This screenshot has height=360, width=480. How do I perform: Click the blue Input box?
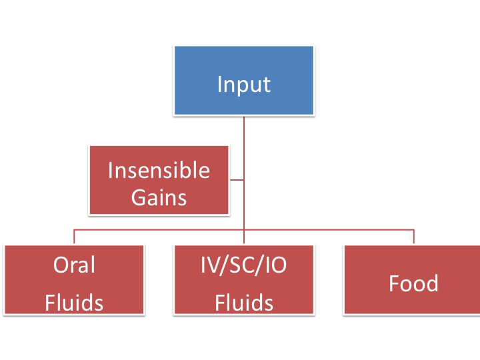(x=244, y=81)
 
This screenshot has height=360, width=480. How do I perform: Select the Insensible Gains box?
(x=159, y=181)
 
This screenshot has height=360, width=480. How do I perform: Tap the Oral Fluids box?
(x=74, y=280)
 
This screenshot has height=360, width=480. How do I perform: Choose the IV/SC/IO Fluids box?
(x=244, y=280)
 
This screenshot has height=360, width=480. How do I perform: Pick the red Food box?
(x=413, y=280)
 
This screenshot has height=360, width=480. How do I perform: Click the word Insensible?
(x=159, y=171)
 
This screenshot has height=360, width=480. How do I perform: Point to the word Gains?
(x=159, y=197)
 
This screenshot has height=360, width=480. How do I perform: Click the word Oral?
(x=74, y=265)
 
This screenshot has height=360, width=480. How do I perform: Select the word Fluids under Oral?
(x=74, y=303)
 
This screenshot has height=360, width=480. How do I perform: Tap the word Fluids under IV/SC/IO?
(x=244, y=303)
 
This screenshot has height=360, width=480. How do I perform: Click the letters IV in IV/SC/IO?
(x=209, y=265)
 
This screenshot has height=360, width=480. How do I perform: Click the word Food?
(x=413, y=284)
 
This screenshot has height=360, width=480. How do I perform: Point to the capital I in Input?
(x=219, y=85)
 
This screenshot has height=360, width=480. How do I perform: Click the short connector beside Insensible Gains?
(x=237, y=179)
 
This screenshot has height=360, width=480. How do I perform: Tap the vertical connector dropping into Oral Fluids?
(x=74, y=237)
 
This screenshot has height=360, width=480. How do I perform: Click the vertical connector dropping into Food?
(x=414, y=237)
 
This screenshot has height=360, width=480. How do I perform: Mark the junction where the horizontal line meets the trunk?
(x=244, y=230)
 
